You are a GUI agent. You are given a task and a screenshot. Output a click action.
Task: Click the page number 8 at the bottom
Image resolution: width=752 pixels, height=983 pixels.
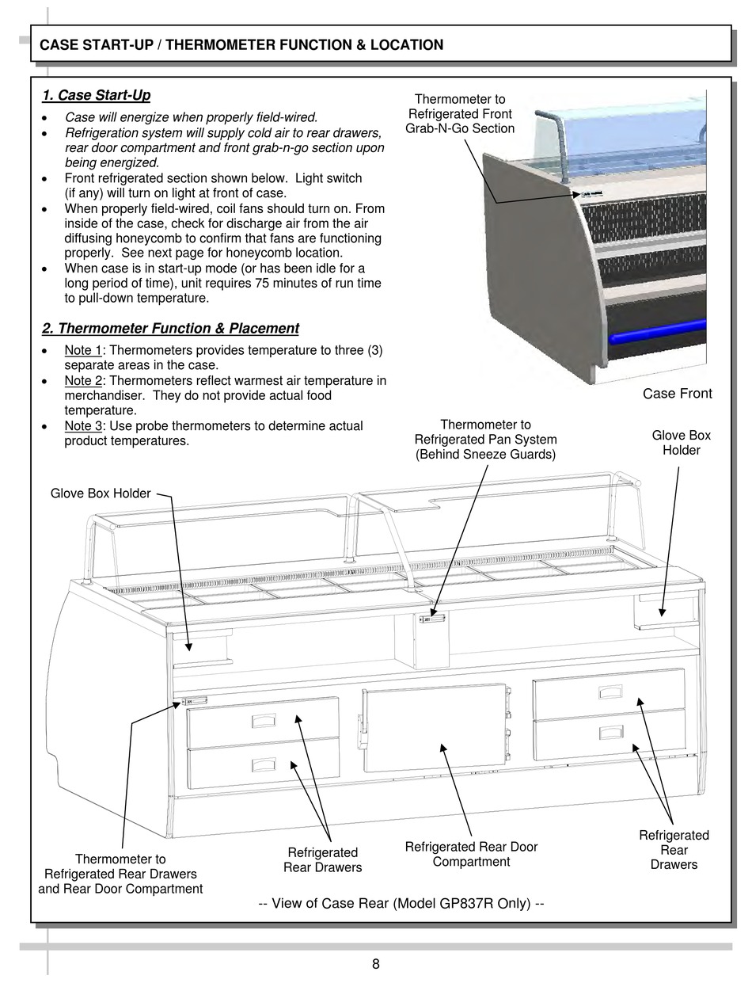(x=375, y=964)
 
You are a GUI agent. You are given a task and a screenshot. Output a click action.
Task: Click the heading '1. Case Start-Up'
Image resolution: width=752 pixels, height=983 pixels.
(x=96, y=96)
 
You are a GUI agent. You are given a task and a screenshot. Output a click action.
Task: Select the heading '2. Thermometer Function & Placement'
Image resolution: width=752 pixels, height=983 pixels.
(x=170, y=328)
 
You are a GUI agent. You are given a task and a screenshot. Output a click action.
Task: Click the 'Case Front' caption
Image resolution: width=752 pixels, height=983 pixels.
(x=677, y=394)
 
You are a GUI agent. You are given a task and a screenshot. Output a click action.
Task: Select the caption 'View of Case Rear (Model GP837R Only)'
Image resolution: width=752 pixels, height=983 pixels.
(x=401, y=903)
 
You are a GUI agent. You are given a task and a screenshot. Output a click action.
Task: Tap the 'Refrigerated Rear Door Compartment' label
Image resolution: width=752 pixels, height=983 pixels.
(x=471, y=854)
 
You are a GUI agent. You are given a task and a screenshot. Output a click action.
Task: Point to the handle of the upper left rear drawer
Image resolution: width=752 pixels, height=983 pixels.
(x=264, y=721)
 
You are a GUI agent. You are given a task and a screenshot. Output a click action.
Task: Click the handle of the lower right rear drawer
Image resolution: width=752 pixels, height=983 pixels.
(x=610, y=731)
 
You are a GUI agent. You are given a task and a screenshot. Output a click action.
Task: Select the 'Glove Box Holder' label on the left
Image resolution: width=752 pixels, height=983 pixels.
(x=101, y=493)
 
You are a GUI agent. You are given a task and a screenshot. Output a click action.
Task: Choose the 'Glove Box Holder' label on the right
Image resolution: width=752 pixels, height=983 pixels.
(x=681, y=443)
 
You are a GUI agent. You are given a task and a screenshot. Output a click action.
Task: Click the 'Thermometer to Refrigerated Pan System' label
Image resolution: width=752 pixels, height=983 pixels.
(x=485, y=440)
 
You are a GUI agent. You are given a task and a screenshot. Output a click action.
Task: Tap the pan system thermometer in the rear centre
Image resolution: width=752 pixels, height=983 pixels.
(x=432, y=618)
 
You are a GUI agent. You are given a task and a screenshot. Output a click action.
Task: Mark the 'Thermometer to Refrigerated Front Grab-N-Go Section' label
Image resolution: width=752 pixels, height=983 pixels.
(x=459, y=114)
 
